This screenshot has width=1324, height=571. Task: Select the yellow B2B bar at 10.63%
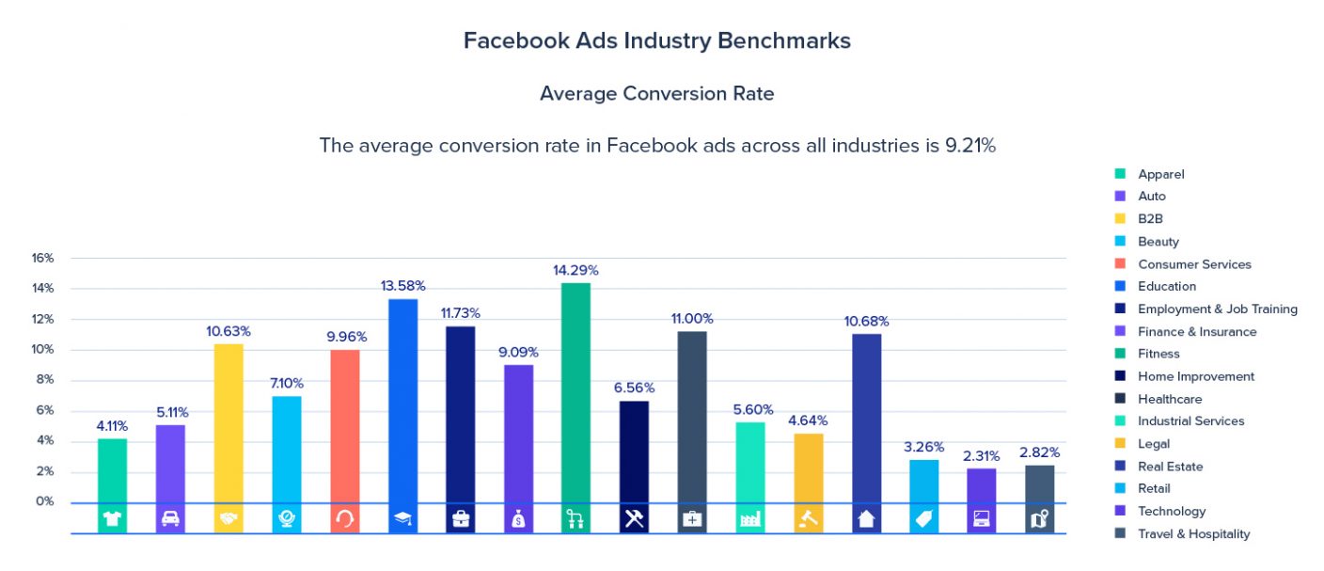click(229, 423)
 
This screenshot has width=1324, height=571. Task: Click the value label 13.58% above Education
click(402, 285)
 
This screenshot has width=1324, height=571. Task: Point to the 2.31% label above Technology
click(981, 454)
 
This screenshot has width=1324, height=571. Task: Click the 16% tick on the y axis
click(42, 258)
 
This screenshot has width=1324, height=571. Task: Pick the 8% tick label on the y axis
click(44, 380)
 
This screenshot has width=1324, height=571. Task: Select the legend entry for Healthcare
click(1169, 399)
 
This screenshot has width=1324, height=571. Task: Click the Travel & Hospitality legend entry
click(1193, 533)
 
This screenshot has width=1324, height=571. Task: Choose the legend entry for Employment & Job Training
click(1217, 309)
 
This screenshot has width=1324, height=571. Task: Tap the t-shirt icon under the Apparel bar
click(113, 519)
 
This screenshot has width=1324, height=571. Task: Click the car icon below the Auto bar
click(170, 519)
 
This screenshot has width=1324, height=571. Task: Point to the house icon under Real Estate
click(866, 519)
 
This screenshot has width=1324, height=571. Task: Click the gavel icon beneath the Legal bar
click(809, 519)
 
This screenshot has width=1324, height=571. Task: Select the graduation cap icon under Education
click(402, 519)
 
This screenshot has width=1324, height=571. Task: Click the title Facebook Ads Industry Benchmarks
click(656, 41)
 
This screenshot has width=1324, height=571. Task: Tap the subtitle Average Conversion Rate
click(656, 94)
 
